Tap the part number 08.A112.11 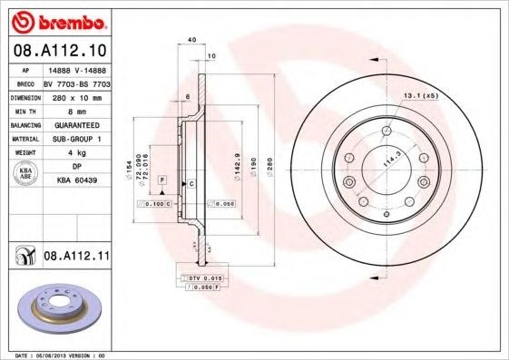pos(76,258)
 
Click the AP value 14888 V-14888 pos(74,70)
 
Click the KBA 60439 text pos(74,182)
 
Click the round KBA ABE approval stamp pos(26,175)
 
